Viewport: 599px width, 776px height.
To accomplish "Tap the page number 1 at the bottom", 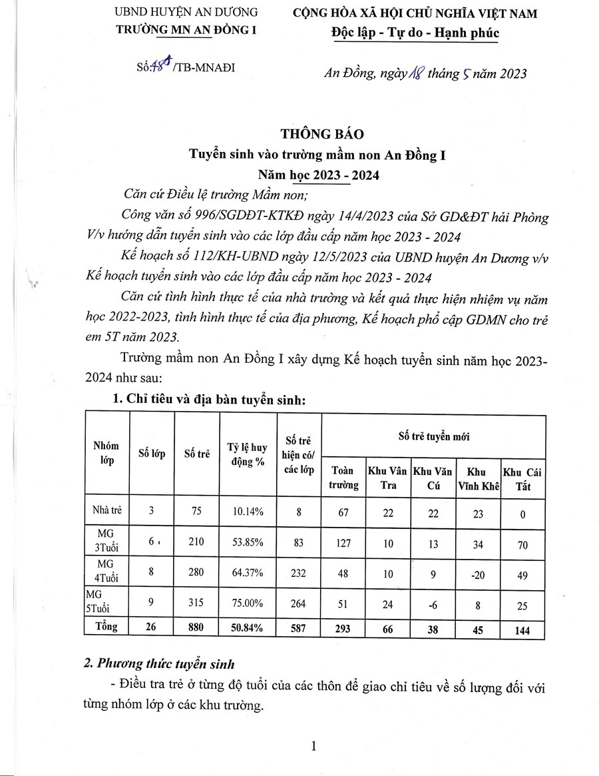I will point(313,747).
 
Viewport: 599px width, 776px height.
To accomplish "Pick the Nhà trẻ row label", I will point(105,512).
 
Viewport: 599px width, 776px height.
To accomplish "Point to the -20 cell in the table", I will point(477,574).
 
